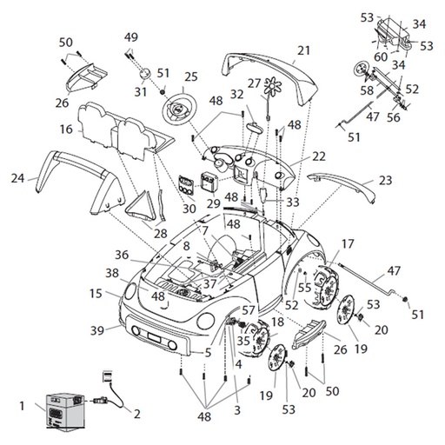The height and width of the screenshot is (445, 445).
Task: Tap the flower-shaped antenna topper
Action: coord(273,86)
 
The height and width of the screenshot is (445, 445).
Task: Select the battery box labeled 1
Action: coord(66,410)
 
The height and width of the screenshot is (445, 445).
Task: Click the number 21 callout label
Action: coord(303,50)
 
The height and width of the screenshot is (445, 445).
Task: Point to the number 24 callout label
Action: coord(17,178)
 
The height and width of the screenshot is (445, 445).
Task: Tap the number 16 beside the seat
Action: coord(66,130)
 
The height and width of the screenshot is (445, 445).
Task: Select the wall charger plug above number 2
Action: coord(108,376)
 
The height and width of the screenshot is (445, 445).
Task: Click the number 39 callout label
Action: coord(97,330)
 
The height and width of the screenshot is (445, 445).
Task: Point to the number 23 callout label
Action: coord(385,180)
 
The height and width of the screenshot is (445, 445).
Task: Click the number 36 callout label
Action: coord(122,255)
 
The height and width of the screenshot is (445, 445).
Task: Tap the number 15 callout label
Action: coord(96,294)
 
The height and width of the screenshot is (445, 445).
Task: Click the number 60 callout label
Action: coord(381,57)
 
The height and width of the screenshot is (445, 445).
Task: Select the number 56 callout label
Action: coord(394,117)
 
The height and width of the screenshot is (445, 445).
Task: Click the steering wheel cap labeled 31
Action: coord(145,72)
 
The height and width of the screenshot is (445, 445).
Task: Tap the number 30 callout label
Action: coord(189,209)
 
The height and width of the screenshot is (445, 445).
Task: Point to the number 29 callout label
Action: coord(214,203)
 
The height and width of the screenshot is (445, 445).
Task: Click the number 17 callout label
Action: coord(348,244)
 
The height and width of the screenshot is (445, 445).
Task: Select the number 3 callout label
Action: coord(237,410)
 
